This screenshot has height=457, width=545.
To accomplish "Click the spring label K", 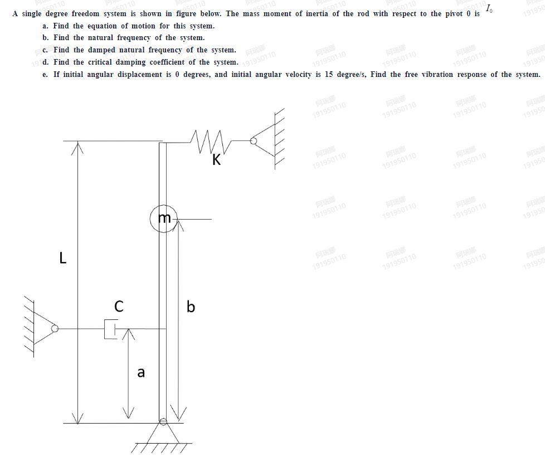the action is pyautogui.click(x=217, y=160).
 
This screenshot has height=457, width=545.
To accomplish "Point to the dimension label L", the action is pyautogui.click(x=63, y=258).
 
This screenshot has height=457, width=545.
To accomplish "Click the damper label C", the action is pyautogui.click(x=119, y=306).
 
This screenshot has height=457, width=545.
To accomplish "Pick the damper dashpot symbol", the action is pyautogui.click(x=111, y=329).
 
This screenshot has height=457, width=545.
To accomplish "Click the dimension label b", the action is pyautogui.click(x=191, y=307).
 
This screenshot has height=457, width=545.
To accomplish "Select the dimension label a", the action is pyautogui.click(x=141, y=372).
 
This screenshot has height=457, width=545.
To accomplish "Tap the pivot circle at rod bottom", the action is pyautogui.click(x=163, y=421).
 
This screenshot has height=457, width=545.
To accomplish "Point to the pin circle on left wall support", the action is pyautogui.click(x=55, y=329).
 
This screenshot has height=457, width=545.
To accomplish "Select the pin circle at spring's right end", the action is pyautogui.click(x=254, y=141).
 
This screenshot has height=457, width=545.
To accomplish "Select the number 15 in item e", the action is pyautogui.click(x=329, y=75).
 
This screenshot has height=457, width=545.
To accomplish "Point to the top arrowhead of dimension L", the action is pyautogui.click(x=77, y=146).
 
